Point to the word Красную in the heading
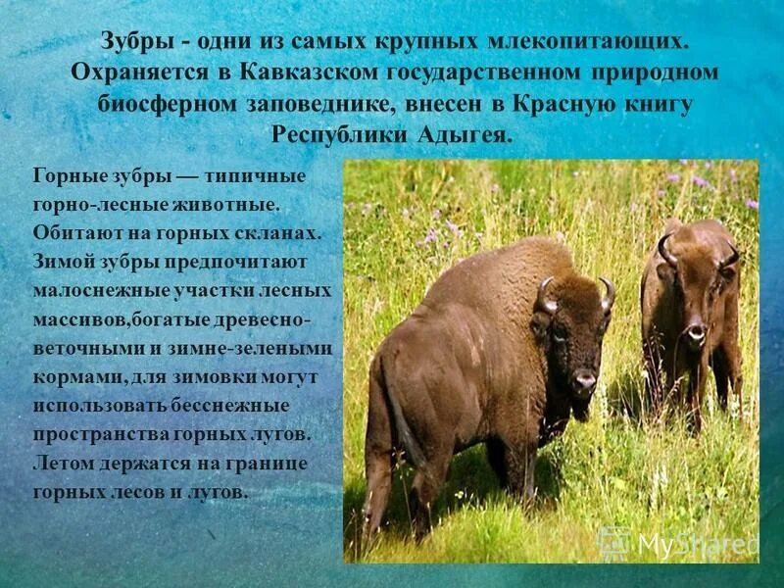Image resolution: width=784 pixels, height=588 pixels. (562, 104)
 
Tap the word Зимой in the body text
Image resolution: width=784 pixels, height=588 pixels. (62, 263)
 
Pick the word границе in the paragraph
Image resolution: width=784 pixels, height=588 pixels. (271, 462)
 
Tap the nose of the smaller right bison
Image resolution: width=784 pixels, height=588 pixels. (695, 334)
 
